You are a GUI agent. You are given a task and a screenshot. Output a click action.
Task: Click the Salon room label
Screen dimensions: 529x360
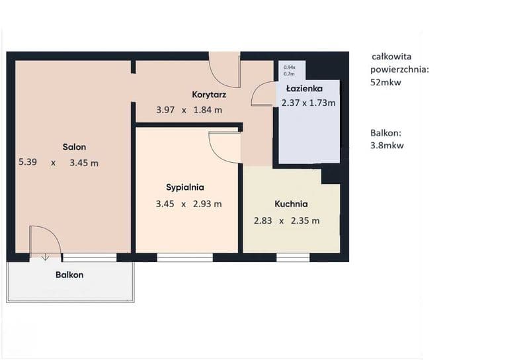point(74,147)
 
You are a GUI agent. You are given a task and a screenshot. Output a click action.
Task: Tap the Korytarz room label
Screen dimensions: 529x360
point(209,95)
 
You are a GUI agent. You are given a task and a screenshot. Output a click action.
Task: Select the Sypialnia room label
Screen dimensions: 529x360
point(185,187)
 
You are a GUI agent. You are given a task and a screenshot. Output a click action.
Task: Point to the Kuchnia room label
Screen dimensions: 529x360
point(291,204)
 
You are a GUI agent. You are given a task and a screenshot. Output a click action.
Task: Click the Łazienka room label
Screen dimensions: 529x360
point(304,89)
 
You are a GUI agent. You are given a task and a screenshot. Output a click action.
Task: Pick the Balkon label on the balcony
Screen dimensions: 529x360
point(69,275)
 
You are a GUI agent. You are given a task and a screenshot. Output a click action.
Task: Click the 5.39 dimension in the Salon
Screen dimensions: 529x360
point(28,162)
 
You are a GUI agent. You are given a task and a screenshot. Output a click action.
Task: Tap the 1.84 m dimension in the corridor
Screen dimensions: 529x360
point(208,110)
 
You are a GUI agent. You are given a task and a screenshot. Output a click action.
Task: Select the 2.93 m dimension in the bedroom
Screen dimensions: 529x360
point(207,204)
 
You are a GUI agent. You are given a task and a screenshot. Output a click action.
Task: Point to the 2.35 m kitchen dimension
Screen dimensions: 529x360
point(305,221)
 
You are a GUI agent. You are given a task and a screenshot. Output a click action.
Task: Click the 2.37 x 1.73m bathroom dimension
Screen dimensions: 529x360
point(308,103)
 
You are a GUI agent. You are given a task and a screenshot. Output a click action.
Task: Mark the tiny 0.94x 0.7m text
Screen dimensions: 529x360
point(290,70)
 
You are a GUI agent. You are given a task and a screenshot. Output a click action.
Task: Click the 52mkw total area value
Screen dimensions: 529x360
point(386,83)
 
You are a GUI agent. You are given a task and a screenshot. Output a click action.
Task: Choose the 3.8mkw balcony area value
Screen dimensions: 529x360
point(387,146)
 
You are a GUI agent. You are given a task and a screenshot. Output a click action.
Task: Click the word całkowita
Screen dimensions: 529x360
point(391,56)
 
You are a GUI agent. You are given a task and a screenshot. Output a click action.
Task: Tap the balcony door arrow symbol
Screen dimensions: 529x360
point(45,257)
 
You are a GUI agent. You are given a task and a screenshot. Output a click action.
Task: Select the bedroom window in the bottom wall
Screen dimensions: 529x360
point(185,257)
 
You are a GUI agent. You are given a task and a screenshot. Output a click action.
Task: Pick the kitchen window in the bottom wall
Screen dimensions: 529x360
point(293,257)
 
